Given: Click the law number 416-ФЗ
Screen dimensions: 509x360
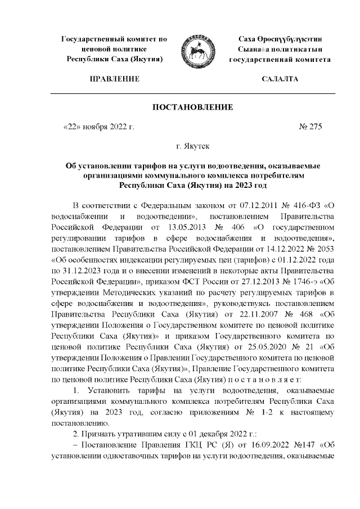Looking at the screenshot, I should click(303, 203).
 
